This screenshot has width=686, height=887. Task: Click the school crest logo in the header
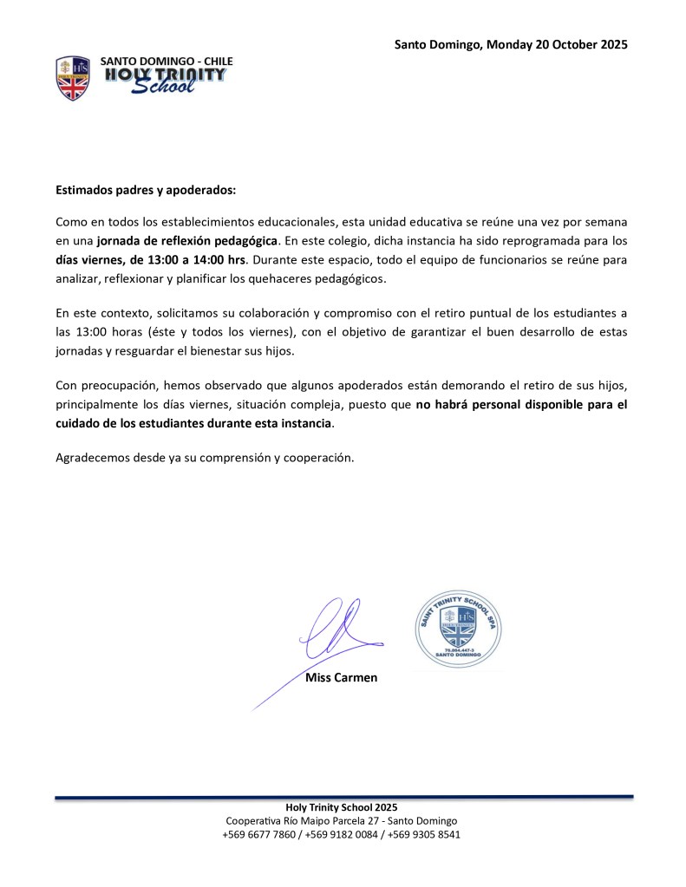[x=73, y=77]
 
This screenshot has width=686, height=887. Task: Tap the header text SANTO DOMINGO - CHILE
[x=167, y=62]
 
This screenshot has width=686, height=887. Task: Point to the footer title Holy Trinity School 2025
[x=342, y=808]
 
